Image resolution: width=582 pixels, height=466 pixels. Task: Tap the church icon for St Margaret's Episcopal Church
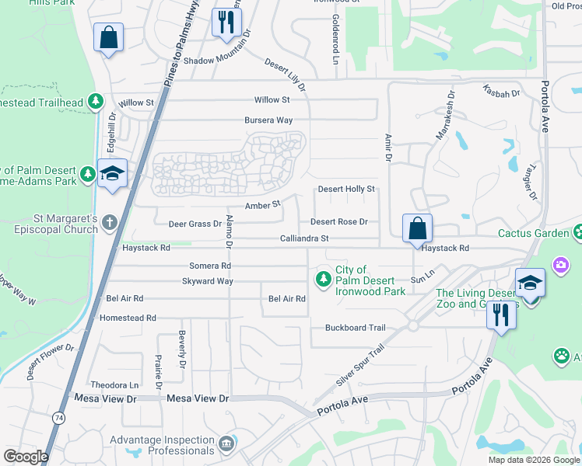[110, 224]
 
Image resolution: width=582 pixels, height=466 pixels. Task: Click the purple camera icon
[560, 266]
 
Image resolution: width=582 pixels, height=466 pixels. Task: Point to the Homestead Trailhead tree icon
[95, 101]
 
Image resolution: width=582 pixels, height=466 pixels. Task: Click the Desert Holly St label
[347, 189]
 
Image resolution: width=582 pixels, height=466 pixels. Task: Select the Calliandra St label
[305, 238]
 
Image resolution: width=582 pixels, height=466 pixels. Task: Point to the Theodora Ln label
[114, 384]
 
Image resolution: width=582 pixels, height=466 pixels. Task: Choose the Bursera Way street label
[268, 120]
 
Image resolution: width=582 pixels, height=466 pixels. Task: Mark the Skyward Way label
[208, 281]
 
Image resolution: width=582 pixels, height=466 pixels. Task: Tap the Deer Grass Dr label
[195, 224]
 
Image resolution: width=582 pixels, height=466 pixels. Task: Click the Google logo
[26, 457]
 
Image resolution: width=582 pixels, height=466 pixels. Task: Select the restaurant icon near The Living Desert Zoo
[501, 315]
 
